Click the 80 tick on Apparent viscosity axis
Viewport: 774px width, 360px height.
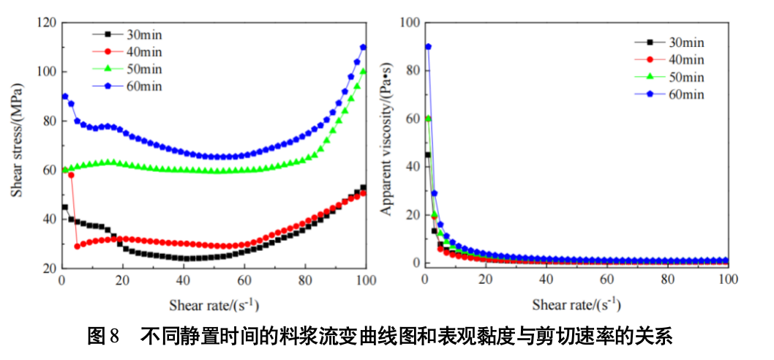tap(410, 71)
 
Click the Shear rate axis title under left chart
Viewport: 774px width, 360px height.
tap(213, 303)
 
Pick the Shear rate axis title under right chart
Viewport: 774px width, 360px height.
tap(576, 303)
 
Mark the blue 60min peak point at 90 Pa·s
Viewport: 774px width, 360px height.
tap(428, 47)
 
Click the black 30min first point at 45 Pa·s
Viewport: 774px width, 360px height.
tap(428, 154)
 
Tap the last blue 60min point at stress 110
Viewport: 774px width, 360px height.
tap(363, 48)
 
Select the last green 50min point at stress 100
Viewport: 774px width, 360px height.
tap(363, 72)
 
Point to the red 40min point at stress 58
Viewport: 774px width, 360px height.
tap(71, 175)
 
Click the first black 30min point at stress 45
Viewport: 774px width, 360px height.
tap(65, 207)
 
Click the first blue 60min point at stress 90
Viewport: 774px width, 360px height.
tap(65, 96)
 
